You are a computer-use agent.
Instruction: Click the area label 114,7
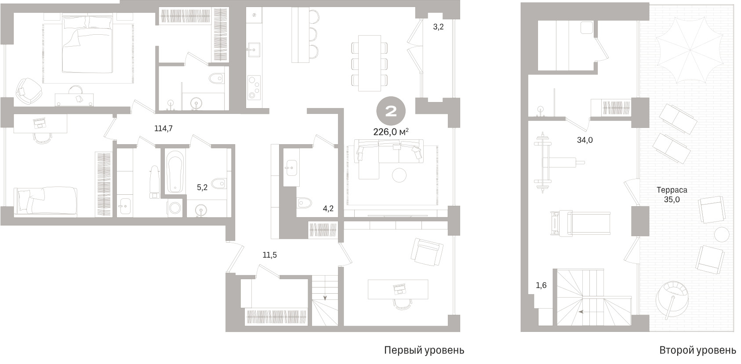tap(163, 128)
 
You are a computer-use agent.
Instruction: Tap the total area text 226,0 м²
tap(391, 132)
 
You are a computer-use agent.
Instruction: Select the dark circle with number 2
tap(391, 112)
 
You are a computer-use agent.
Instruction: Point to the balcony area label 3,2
tap(438, 27)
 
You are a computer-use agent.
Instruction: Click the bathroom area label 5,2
tap(202, 188)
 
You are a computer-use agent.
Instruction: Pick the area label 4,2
tap(328, 208)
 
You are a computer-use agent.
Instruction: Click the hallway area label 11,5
tap(269, 255)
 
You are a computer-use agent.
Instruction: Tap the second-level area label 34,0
tap(585, 140)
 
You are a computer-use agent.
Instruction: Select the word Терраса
tap(672, 190)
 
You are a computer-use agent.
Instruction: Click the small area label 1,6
tap(541, 285)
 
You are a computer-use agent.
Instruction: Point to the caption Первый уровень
tap(424, 350)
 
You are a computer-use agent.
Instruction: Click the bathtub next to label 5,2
tap(174, 172)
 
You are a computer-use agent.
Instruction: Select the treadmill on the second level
tap(580, 223)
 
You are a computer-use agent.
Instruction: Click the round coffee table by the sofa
tap(399, 175)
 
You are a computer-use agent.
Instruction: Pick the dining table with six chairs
tap(370, 63)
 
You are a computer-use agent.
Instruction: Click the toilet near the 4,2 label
tap(304, 203)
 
